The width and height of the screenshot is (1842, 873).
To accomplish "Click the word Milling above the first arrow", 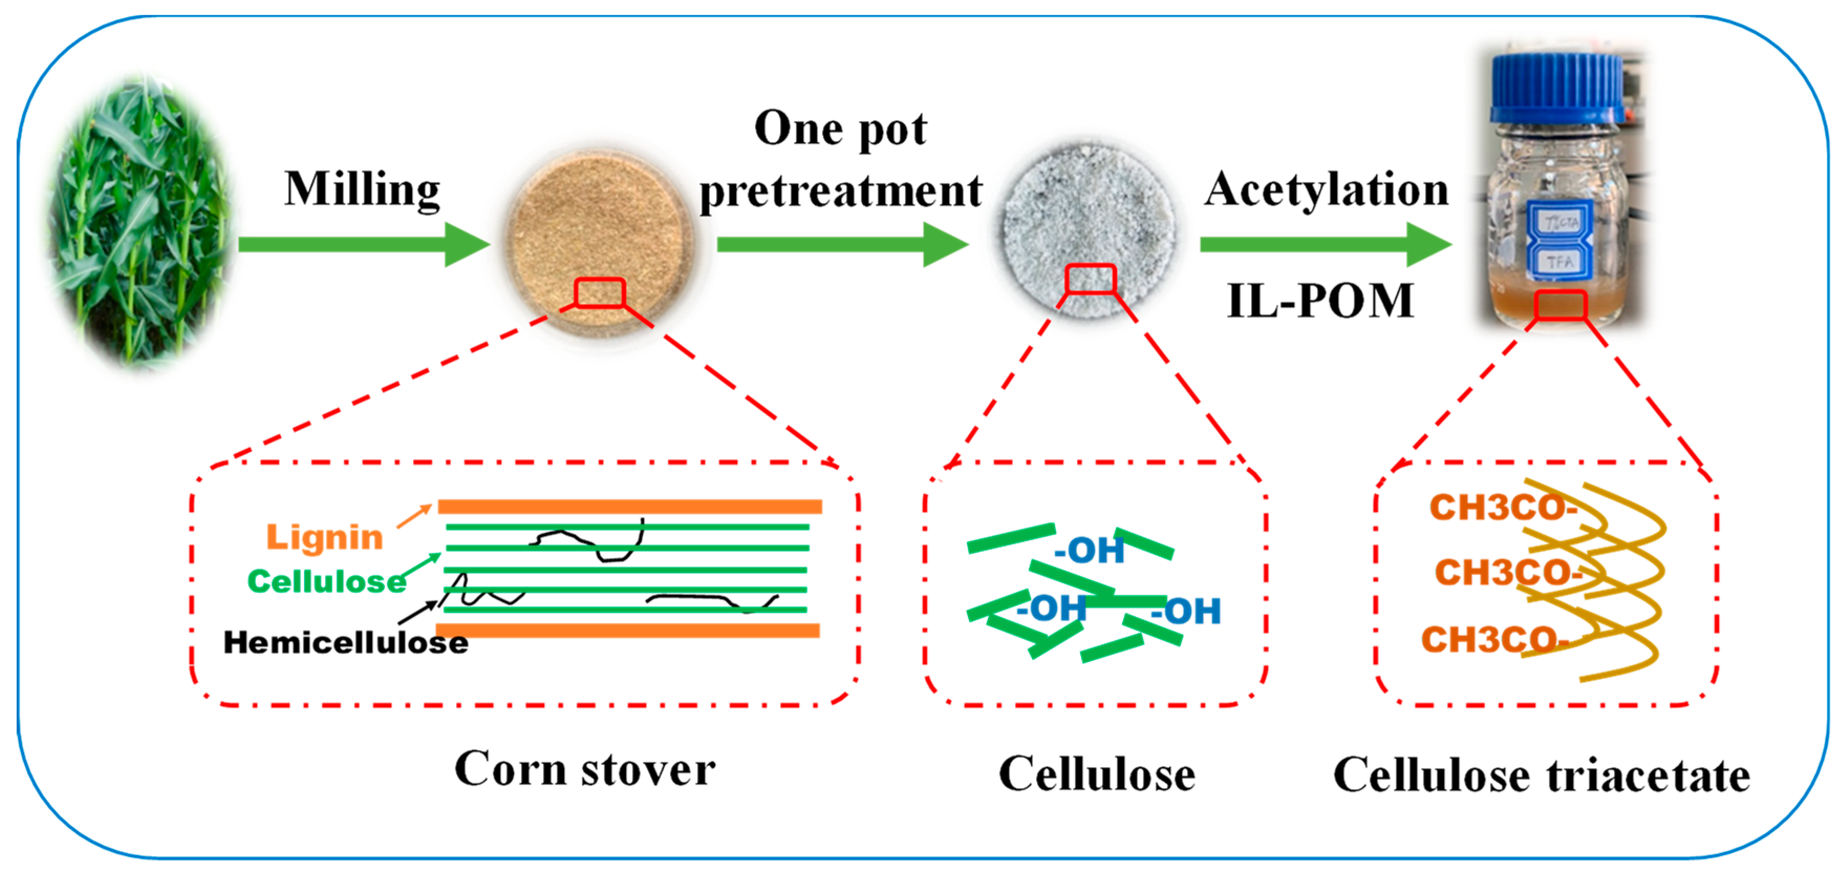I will click(362, 189).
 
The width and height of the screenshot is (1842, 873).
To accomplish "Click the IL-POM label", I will click(1320, 301).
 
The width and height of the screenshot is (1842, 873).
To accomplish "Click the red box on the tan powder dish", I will click(599, 293).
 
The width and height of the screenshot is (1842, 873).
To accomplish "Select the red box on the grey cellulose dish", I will click(1090, 279).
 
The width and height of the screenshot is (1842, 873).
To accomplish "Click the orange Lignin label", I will click(325, 537).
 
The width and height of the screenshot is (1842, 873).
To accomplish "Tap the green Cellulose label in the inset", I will click(326, 582).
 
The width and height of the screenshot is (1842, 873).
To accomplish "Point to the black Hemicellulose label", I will click(346, 643).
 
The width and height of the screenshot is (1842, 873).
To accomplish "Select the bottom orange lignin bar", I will click(627, 630).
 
